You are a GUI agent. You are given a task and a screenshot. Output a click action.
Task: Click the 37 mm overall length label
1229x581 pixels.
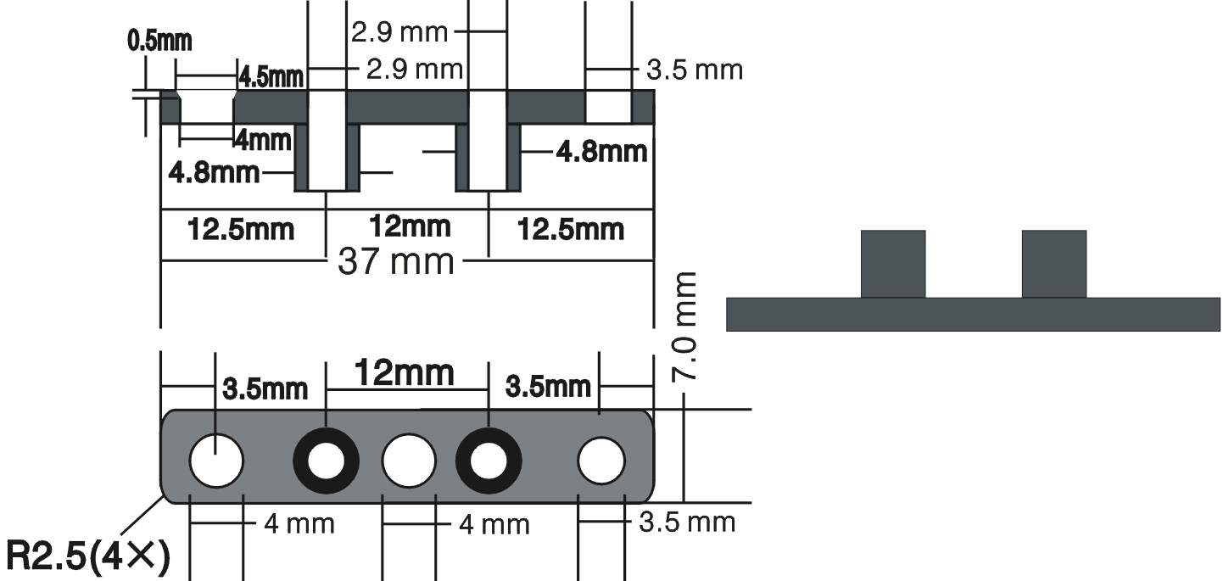[396, 261]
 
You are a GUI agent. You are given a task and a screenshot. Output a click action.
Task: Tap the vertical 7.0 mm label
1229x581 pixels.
[684, 327]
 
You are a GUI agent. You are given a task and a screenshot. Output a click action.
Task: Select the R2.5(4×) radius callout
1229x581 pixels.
[88, 556]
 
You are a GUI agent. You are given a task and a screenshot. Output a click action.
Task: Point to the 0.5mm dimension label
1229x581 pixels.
[159, 42]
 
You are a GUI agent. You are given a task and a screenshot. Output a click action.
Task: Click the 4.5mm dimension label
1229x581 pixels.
[271, 77]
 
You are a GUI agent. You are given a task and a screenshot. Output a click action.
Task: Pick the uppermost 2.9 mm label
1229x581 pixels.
[399, 32]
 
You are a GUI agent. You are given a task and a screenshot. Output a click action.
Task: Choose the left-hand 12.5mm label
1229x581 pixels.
[241, 229]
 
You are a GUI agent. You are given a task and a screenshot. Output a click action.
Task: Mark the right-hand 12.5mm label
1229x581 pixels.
[571, 229]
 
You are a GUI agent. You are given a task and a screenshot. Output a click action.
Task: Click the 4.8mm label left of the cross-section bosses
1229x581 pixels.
[214, 173]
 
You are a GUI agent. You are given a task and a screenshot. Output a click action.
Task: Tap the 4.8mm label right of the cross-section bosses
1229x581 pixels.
[602, 152]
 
